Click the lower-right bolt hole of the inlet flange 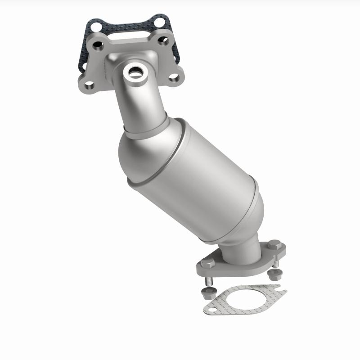174,78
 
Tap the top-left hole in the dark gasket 94,27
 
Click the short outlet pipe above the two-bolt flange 241,252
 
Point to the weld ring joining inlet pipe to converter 139,130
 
